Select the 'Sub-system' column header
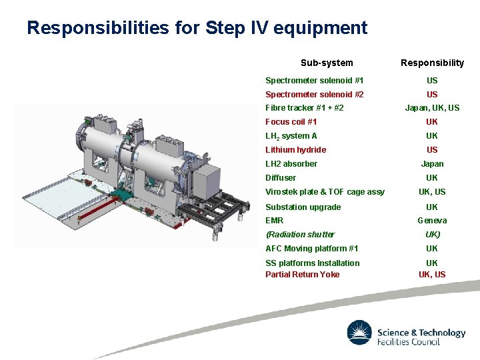coord(327,63)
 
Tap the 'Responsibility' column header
coord(432,63)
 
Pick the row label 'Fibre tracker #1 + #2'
coord(305,108)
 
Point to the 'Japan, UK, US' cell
coord(432,108)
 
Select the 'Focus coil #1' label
coord(291,122)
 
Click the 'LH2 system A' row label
coord(291,136)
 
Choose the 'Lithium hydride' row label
coord(296,150)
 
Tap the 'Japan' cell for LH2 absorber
coord(432,164)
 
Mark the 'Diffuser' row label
coord(281,178)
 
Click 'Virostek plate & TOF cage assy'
coord(325,192)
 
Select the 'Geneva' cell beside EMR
coord(432,221)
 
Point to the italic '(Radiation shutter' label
coord(300,235)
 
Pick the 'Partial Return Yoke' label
coord(302,275)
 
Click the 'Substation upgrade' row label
coord(303,207)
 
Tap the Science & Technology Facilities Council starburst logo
coord(359,333)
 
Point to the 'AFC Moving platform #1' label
coord(307,249)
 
